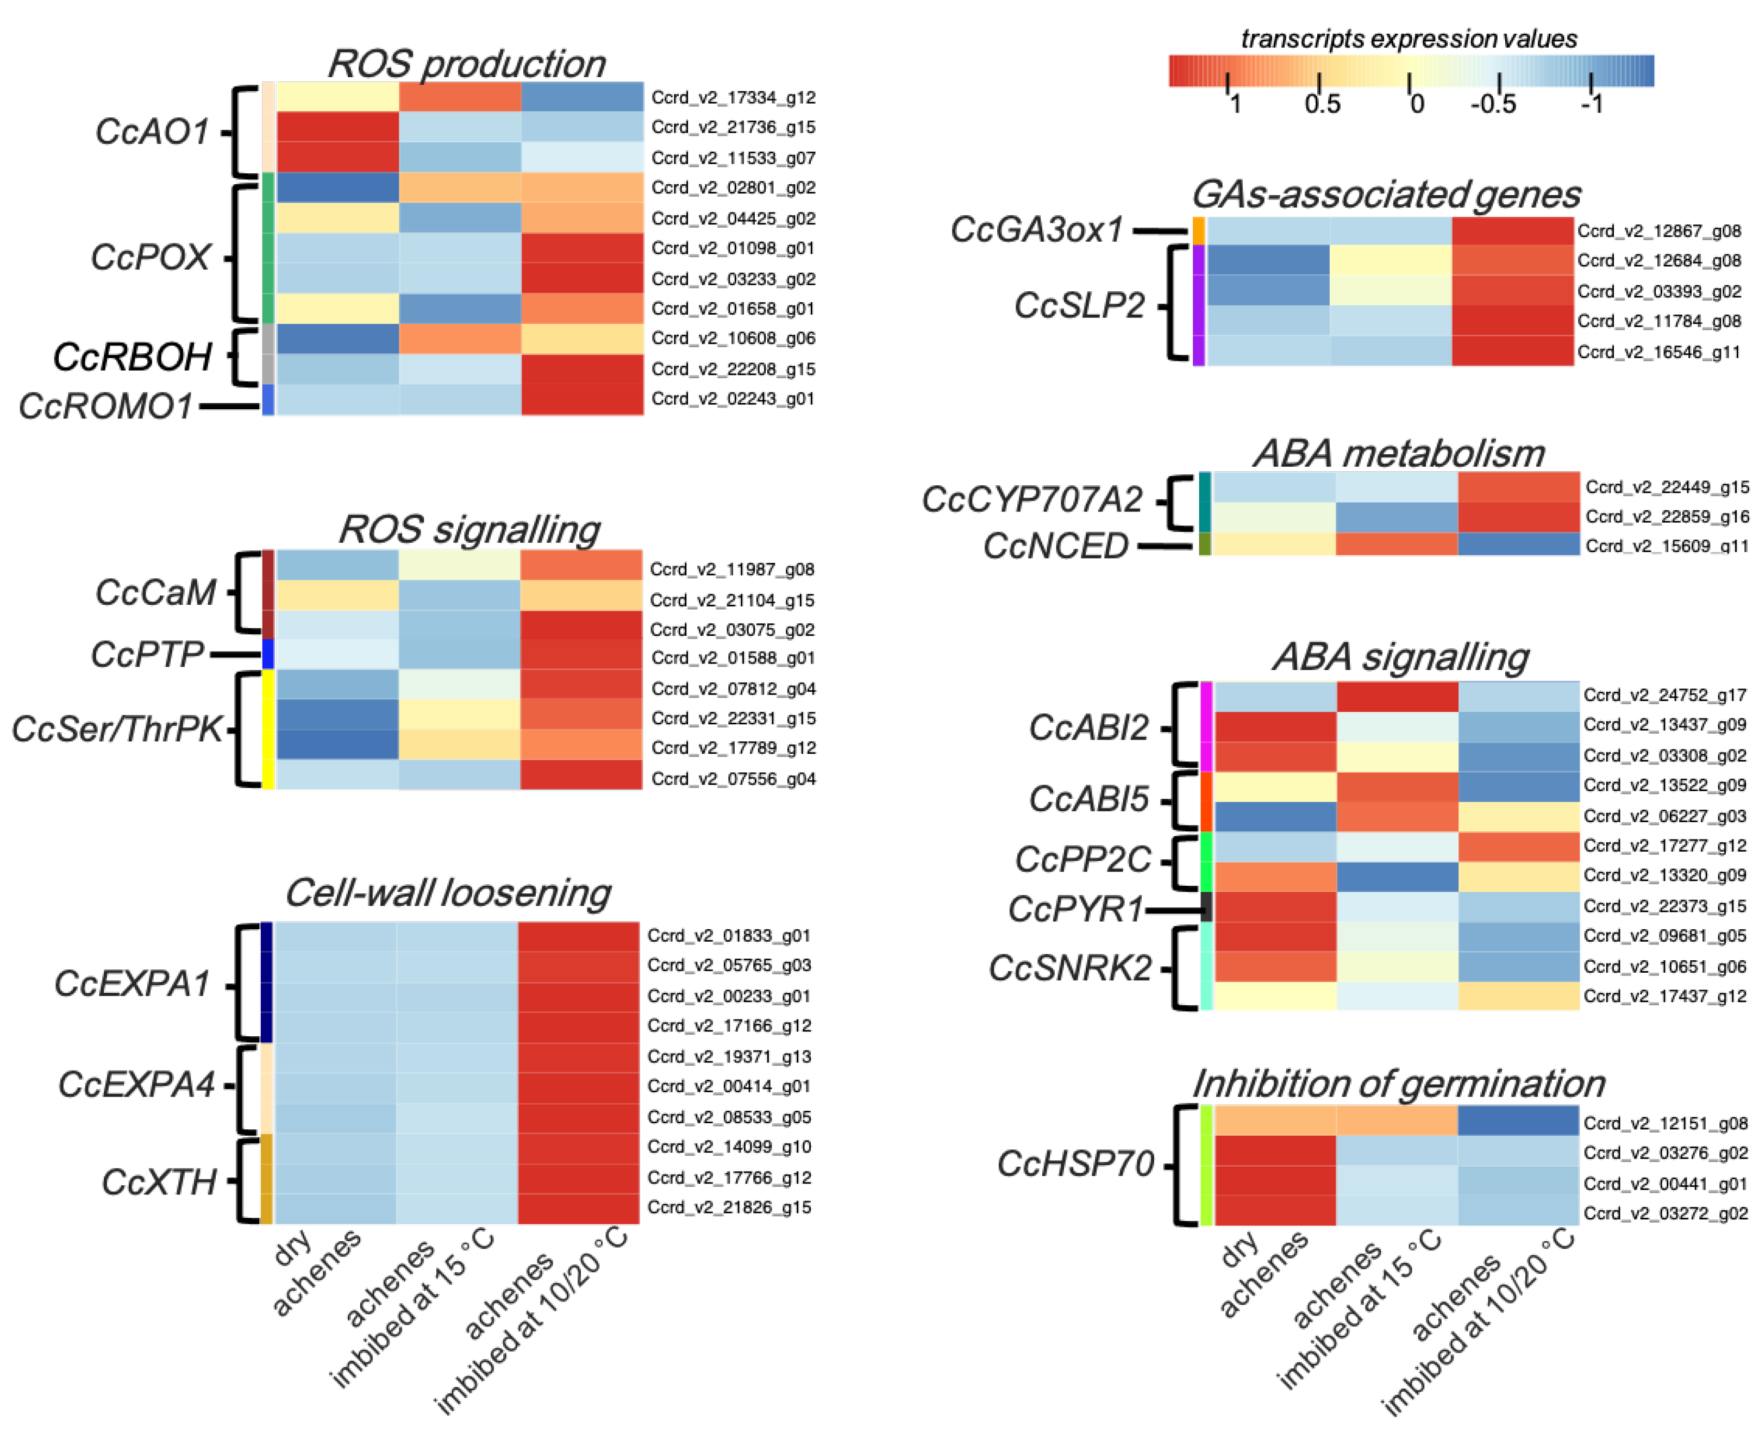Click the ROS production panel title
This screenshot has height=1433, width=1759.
pyautogui.click(x=466, y=64)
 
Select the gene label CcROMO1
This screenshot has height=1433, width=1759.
pyautogui.click(x=105, y=406)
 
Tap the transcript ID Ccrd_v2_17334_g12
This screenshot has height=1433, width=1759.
pyautogui.click(x=733, y=97)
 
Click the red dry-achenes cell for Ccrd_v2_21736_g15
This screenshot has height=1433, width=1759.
pyautogui.click(x=337, y=127)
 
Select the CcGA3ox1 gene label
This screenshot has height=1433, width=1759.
pyautogui.click(x=1037, y=229)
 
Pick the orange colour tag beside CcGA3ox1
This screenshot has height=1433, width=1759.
pyautogui.click(x=1199, y=230)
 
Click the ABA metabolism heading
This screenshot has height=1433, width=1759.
pyautogui.click(x=1398, y=453)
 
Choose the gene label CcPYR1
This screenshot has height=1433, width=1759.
pyautogui.click(x=1075, y=909)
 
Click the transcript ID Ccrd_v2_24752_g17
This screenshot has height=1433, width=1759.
pyautogui.click(x=1664, y=695)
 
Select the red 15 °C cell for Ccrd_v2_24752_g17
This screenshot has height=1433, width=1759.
pyautogui.click(x=1397, y=697)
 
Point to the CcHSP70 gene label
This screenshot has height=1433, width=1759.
pyautogui.click(x=1075, y=1164)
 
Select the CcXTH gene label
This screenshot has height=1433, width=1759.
pyautogui.click(x=159, y=1182)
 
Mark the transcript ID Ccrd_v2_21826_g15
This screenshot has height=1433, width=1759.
pyautogui.click(x=729, y=1207)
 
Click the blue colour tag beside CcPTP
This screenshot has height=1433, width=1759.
pyautogui.click(x=267, y=654)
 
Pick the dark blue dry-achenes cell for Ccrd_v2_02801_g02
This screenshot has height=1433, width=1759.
pyautogui.click(x=337, y=187)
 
